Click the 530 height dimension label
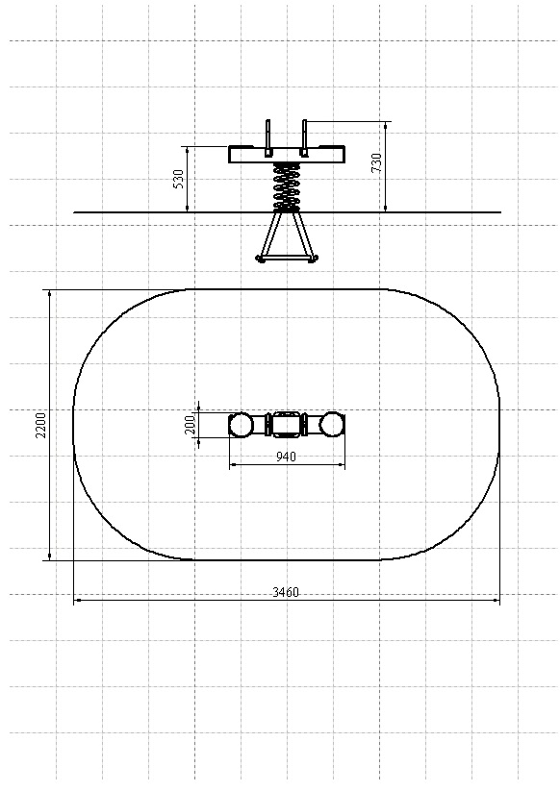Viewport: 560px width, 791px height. tap(178, 179)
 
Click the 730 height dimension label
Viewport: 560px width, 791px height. tap(376, 163)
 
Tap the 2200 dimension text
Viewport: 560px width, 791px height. tap(40, 425)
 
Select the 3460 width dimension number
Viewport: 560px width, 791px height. tap(286, 592)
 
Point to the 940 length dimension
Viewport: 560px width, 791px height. tap(287, 457)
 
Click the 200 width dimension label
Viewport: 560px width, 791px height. tap(190, 425)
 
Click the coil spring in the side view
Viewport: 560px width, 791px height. tap(287, 186)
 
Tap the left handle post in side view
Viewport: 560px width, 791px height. tap(268, 136)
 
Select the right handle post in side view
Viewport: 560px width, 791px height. tap(304, 136)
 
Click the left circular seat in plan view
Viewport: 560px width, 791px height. tap(241, 425)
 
